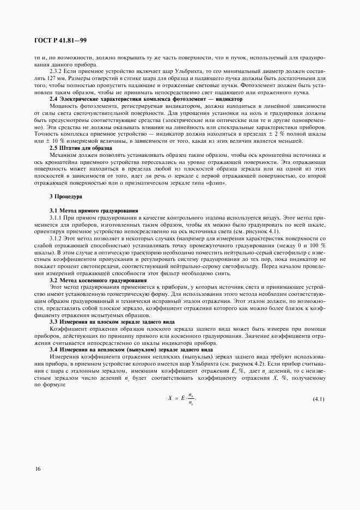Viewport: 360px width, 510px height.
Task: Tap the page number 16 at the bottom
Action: [38, 469]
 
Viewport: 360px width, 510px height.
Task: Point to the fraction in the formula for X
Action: [190, 399]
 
